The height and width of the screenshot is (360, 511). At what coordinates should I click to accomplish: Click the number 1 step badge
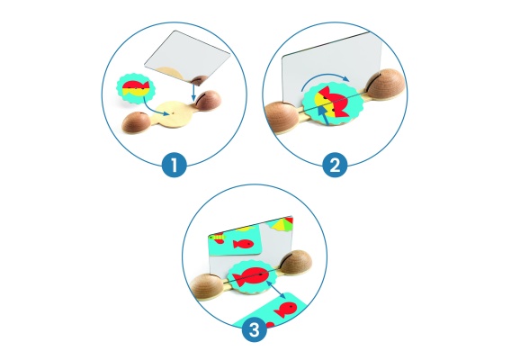pyautogui.click(x=174, y=165)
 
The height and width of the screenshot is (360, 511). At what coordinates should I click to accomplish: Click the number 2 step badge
pyautogui.click(x=335, y=165)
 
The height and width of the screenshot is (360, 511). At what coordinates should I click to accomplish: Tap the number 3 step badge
pyautogui.click(x=255, y=329)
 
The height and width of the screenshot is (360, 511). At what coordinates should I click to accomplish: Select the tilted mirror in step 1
pyautogui.click(x=187, y=56)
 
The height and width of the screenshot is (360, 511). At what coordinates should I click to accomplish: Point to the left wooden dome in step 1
pyautogui.click(x=136, y=122)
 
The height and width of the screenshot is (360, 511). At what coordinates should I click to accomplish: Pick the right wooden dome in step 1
pyautogui.click(x=208, y=100)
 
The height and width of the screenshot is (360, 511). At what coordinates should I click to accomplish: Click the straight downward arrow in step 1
pyautogui.click(x=193, y=92)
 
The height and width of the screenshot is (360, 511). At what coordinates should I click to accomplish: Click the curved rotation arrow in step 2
pyautogui.click(x=325, y=77)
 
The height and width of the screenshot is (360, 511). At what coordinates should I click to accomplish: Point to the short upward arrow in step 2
pyautogui.click(x=323, y=116)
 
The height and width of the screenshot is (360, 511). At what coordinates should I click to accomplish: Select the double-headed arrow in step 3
pyautogui.click(x=276, y=290)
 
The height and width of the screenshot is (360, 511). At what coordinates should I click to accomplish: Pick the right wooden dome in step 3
pyautogui.click(x=296, y=264)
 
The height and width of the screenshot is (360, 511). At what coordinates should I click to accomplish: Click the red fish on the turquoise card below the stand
pyautogui.click(x=285, y=310)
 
